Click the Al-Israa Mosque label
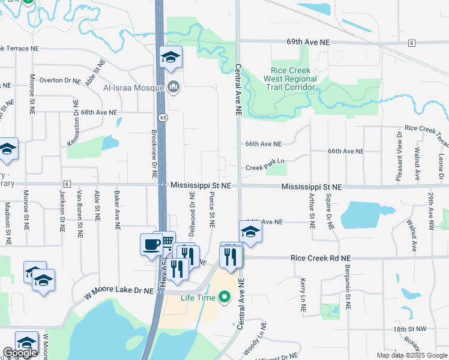click(x=133, y=88)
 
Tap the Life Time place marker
click(x=224, y=297)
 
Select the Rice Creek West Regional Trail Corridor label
click(x=294, y=79)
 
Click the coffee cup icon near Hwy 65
click(x=151, y=245)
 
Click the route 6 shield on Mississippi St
click(x=67, y=184)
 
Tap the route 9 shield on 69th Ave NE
click(x=411, y=43)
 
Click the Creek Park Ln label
click(x=264, y=169)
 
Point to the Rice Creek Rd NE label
click(x=320, y=258)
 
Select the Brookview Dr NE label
click(x=154, y=155)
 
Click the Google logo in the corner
click(x=20, y=353)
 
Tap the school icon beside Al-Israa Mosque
click(x=170, y=58)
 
